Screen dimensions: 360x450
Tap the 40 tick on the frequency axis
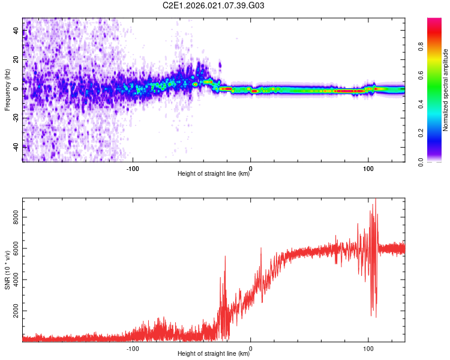tap(16, 31)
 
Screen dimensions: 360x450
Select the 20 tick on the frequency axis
tap(16, 60)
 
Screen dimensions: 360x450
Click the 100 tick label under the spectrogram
tap(368, 168)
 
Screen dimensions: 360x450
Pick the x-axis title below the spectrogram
tap(214, 175)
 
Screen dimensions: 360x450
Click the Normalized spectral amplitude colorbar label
tap(446, 90)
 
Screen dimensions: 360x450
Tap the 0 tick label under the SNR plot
tap(250, 348)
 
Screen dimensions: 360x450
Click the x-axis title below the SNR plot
tap(214, 355)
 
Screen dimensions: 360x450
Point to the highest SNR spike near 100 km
tap(376, 199)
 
